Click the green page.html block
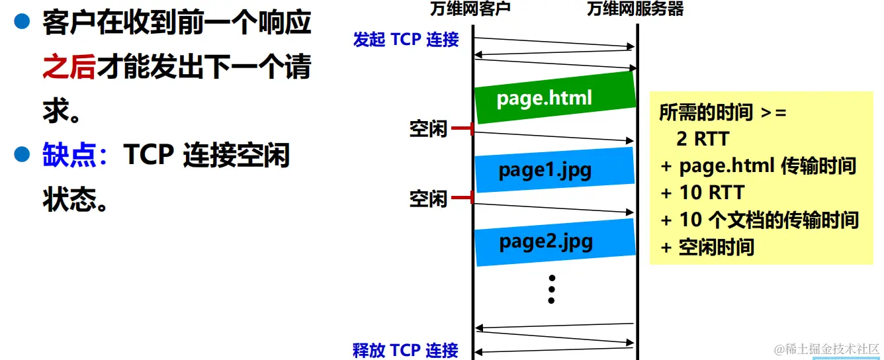[554, 98]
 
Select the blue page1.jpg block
[554, 170]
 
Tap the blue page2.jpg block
[554, 242]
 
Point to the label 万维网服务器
[635, 9]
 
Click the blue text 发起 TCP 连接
[406, 40]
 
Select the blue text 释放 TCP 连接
[405, 350]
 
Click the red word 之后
[69, 67]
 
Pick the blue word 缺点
[69, 156]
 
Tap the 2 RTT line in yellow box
[703, 139]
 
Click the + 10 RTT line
[703, 193]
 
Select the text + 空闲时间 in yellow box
[708, 247]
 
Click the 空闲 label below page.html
[428, 130]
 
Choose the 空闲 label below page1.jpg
[428, 198]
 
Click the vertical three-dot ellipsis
[551, 289]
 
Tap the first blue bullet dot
[23, 24]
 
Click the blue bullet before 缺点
[23, 156]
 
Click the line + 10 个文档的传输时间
[760, 220]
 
